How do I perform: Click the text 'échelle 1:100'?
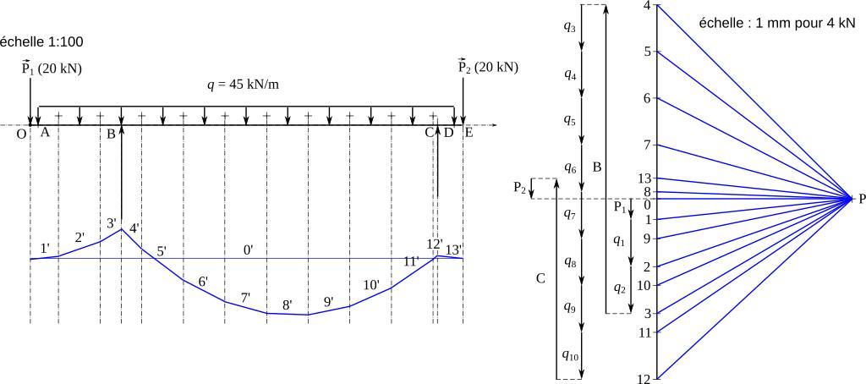(41, 41)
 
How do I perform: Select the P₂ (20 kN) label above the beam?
(488, 66)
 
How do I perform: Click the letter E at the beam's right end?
(469, 132)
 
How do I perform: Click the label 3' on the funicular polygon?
(112, 223)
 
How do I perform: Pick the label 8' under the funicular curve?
(287, 304)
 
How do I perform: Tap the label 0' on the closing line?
(249, 250)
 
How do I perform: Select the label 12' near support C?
(435, 244)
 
